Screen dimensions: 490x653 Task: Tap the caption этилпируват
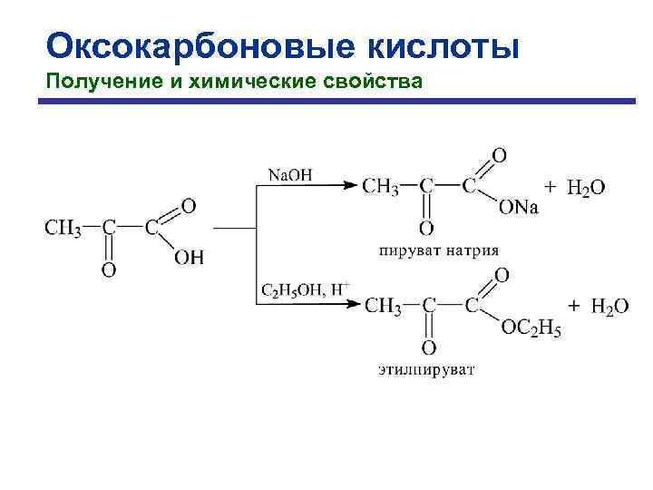tap(426, 369)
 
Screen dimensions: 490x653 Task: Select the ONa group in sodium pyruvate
tap(518, 209)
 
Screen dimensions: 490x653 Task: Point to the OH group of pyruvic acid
tap(189, 258)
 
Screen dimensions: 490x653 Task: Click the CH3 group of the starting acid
tap(63, 228)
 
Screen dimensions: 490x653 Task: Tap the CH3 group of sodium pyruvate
tap(380, 187)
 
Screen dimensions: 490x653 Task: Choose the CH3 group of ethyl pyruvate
tap(383, 307)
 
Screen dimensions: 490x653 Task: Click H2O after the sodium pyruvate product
tap(586, 188)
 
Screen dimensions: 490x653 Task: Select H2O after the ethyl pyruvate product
tap(609, 307)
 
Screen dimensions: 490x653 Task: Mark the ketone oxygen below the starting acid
tap(108, 269)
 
